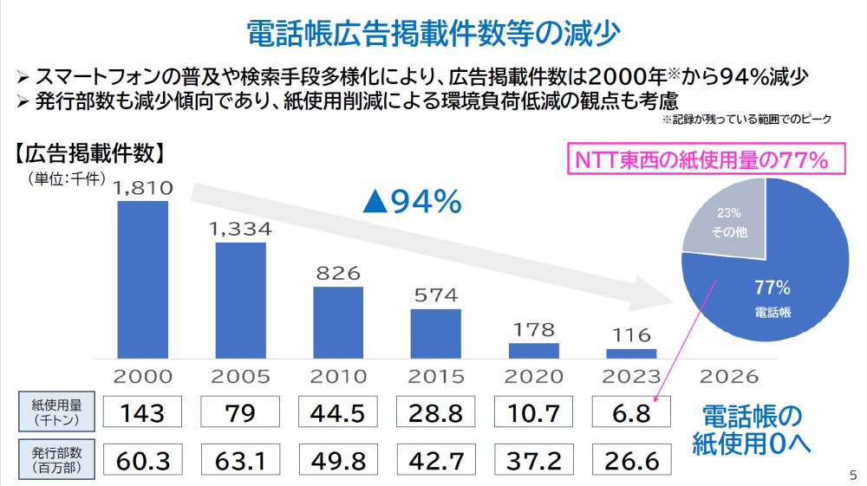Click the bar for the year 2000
(x=142, y=279)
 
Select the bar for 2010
(x=338, y=321)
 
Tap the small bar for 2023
(x=631, y=353)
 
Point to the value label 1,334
(x=240, y=230)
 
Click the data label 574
(x=435, y=295)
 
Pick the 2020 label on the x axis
(x=533, y=377)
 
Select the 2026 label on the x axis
(x=728, y=377)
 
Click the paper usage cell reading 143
(x=143, y=412)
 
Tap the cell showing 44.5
(x=338, y=412)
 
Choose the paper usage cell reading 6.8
(x=631, y=412)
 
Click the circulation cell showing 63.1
(x=240, y=458)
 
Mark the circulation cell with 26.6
(x=631, y=458)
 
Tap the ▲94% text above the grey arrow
(x=412, y=202)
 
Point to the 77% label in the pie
(x=772, y=287)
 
